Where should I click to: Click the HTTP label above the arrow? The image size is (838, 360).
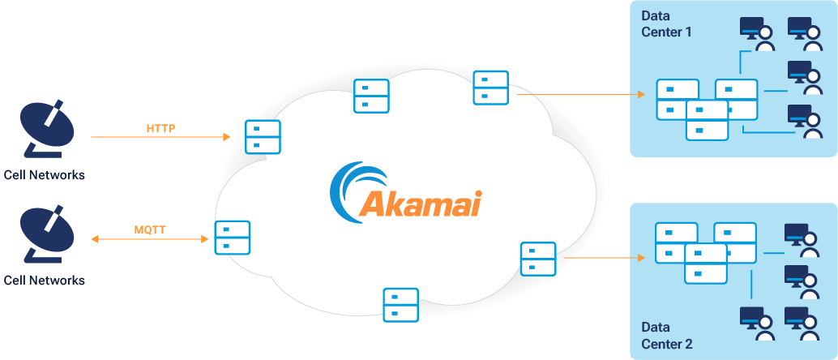(x=161, y=128)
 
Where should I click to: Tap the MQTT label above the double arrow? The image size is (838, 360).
(x=150, y=230)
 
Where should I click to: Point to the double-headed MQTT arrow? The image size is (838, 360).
(x=150, y=239)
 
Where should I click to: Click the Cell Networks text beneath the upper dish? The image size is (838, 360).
(x=44, y=175)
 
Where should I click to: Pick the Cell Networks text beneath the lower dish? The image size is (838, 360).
(x=44, y=281)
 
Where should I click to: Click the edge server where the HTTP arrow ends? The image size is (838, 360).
(x=263, y=137)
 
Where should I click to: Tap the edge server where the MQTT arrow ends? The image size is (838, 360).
(x=232, y=238)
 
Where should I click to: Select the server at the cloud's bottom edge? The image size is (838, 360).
(x=400, y=305)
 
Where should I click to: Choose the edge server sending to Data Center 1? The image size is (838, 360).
(x=490, y=88)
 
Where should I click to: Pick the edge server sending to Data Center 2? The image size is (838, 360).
(x=538, y=259)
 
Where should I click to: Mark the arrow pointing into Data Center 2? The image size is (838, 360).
(x=604, y=259)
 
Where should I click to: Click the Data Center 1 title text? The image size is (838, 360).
(x=667, y=24)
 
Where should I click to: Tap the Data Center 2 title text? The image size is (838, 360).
(x=667, y=336)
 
